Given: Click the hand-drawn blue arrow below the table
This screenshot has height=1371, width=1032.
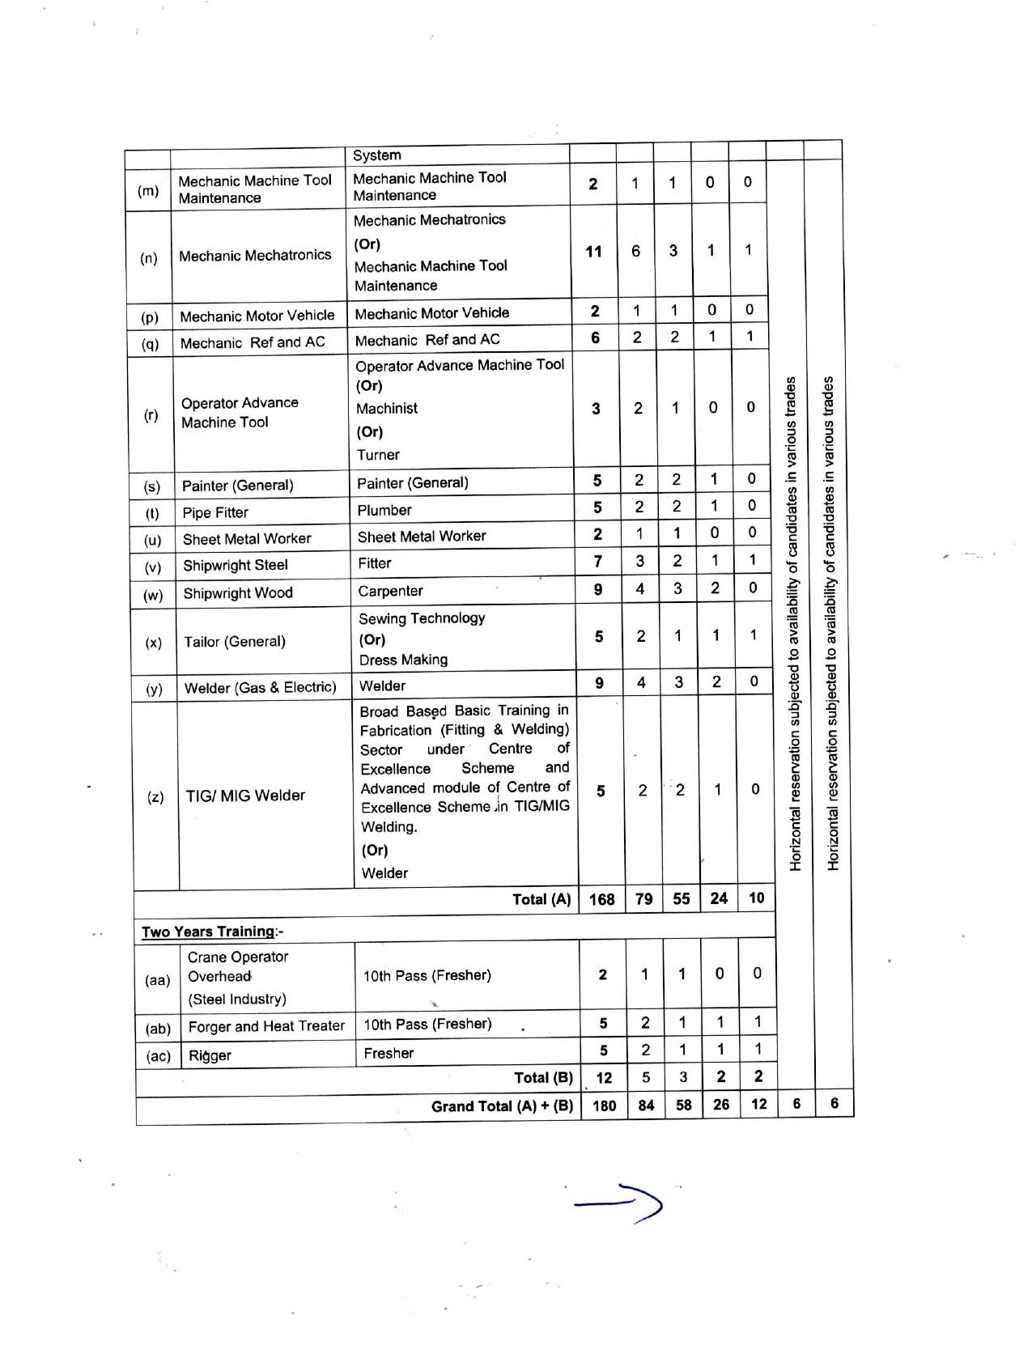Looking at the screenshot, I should click(x=619, y=1204).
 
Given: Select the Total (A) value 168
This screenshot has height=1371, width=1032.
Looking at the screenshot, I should click(x=601, y=899).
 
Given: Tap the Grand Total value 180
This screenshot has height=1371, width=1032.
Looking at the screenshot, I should click(x=604, y=1106).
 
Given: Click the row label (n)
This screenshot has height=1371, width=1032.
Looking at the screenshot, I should click(x=149, y=258).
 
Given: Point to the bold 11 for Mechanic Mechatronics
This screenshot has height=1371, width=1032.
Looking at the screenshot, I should click(x=594, y=251).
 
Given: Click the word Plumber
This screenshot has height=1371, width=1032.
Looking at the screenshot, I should click(x=384, y=510).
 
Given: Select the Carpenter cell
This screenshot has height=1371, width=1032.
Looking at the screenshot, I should click(x=390, y=591).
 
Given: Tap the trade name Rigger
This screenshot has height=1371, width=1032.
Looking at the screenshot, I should click(x=210, y=1055).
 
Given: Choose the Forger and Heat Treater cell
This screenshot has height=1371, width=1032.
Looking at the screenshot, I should click(x=266, y=1026).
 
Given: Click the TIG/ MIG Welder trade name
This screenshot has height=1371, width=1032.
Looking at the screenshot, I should click(x=245, y=796).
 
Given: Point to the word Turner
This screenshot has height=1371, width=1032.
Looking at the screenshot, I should click(x=378, y=455).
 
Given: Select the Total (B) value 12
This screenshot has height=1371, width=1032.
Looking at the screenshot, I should click(x=604, y=1078).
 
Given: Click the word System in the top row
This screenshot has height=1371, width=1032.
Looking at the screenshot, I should click(x=376, y=155).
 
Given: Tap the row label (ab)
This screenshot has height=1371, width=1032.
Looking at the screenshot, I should click(x=158, y=1029).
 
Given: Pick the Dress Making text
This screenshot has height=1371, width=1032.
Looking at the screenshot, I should click(x=403, y=660).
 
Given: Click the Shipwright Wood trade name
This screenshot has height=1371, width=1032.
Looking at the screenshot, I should click(x=238, y=593).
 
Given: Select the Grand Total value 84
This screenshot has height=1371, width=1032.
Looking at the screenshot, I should click(x=646, y=1106).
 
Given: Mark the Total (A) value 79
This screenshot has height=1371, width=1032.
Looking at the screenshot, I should click(x=643, y=899).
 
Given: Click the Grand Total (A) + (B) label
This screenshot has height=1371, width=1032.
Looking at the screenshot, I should click(x=502, y=1106).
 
